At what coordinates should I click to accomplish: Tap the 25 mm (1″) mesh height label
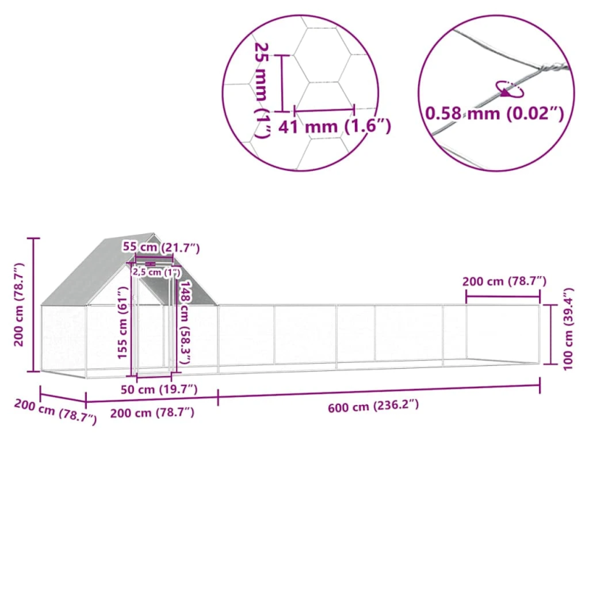pyautogui.click(x=262, y=88)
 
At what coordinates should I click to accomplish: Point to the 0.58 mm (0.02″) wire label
pyautogui.click(x=494, y=114)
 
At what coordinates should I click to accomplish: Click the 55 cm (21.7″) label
pyautogui.click(x=161, y=247)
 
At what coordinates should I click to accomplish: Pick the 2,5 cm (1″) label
pyautogui.click(x=156, y=272)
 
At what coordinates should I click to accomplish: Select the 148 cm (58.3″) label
pyautogui.click(x=186, y=324)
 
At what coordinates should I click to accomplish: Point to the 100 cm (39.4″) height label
pyautogui.click(x=566, y=330)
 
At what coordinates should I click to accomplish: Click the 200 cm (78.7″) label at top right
pyautogui.click(x=504, y=281)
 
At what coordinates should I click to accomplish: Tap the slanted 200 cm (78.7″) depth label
pyautogui.click(x=55, y=412)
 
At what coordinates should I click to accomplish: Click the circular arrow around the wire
pyautogui.click(x=509, y=88)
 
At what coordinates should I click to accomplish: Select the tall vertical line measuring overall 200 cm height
pyautogui.click(x=33, y=305)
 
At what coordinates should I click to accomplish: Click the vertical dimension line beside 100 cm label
pyautogui.click(x=551, y=333)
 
